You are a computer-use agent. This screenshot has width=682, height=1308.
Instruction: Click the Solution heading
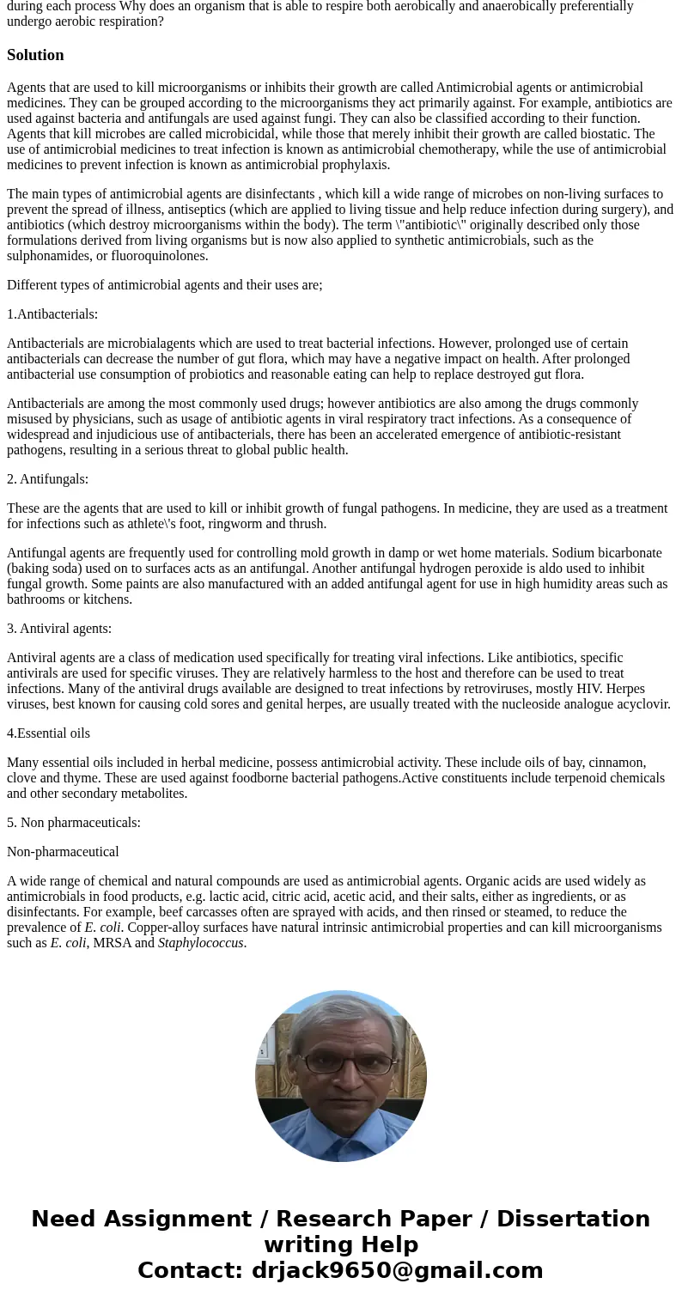click(35, 55)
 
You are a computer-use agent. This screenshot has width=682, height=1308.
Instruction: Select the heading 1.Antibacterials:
click(52, 314)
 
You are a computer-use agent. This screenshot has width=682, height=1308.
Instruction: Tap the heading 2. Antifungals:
click(47, 479)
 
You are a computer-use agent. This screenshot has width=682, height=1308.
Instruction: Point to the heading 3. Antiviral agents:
click(59, 629)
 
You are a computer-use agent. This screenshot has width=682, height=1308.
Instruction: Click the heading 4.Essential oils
click(48, 733)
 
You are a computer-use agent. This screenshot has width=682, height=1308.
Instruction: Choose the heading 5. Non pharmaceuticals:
click(74, 823)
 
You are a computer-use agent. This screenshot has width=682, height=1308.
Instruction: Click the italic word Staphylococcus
click(201, 943)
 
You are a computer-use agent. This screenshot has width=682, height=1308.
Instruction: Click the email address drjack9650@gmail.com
click(397, 1270)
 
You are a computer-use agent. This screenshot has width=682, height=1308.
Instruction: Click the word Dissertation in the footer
click(573, 1219)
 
